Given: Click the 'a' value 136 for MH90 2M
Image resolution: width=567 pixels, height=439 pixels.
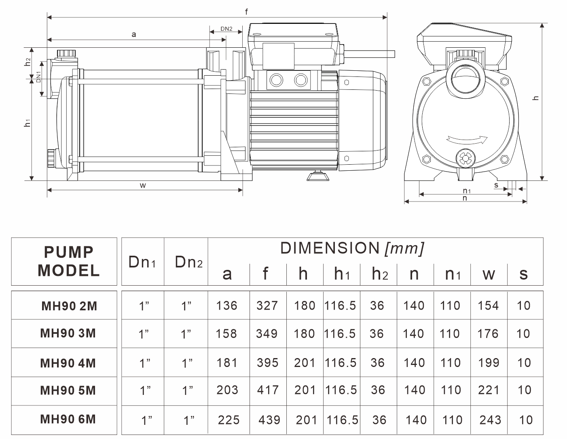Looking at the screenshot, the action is pos(226,305).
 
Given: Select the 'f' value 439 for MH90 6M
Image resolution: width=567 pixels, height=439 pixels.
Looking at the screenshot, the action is pos(269,420).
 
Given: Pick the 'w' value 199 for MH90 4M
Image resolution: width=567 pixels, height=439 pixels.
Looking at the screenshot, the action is pos(489,363).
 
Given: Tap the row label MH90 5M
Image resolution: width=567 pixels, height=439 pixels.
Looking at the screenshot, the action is pos(68,390).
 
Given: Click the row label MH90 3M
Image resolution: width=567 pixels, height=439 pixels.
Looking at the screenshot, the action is pos(68,333).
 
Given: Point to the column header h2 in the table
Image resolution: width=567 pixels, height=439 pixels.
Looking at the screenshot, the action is pos(380,274).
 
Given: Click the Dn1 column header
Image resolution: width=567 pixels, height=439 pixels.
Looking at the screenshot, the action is pos(142,262).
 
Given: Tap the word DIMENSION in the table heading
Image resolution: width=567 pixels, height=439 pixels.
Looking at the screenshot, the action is pos(330,248).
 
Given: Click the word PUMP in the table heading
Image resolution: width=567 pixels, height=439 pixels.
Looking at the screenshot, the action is pos(69,252).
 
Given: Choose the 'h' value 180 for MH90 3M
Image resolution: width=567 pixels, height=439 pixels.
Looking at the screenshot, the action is pos(305,333).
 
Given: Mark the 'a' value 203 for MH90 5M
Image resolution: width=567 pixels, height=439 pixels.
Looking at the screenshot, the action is pos(227,390).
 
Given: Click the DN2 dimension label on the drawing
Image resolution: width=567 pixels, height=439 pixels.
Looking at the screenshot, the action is pos(226,29).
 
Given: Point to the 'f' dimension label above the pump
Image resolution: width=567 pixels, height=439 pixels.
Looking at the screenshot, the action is pos(246,11).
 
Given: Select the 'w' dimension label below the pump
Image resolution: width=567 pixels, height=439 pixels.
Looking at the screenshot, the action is pos(143,186).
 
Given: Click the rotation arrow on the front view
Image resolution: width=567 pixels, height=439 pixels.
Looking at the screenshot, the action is pos(467,140).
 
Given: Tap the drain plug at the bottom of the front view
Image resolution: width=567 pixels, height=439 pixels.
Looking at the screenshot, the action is pos(465,158).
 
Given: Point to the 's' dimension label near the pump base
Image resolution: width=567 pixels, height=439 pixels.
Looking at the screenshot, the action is pos(496,185).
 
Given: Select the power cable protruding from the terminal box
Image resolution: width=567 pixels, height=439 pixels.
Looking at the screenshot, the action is pos(370,54).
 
